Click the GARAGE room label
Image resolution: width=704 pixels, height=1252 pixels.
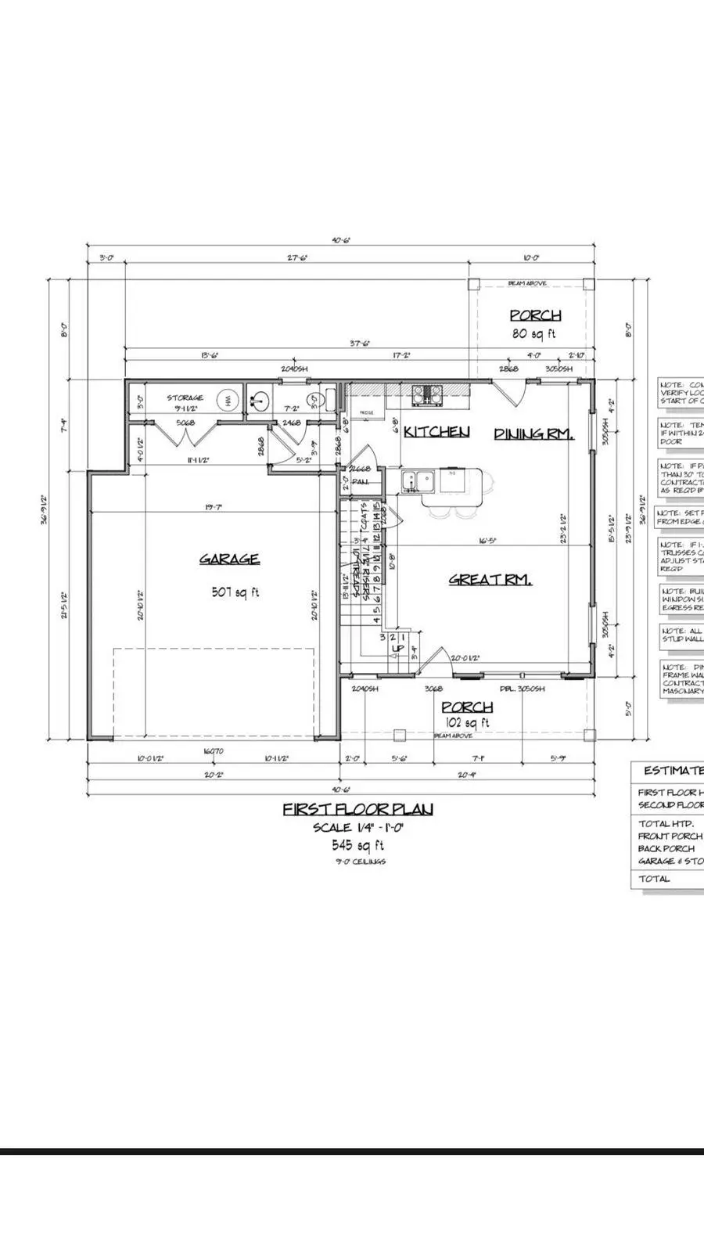click(x=228, y=559)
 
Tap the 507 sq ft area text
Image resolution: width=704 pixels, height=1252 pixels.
click(x=235, y=592)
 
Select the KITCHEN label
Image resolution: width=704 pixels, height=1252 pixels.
click(x=436, y=432)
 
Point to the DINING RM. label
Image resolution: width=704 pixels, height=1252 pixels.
click(x=533, y=434)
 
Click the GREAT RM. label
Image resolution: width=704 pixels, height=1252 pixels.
click(x=490, y=580)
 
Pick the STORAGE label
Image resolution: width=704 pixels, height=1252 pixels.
click(x=185, y=398)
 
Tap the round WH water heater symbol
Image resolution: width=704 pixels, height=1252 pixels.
click(x=228, y=399)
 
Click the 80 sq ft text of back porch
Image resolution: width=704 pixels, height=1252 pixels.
click(x=535, y=334)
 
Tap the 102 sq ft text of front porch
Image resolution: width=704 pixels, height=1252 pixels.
click(x=467, y=723)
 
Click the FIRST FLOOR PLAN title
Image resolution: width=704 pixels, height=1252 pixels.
click(x=357, y=809)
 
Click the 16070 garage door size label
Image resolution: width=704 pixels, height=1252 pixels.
click(x=214, y=750)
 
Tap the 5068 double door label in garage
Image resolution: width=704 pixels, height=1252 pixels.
click(x=185, y=423)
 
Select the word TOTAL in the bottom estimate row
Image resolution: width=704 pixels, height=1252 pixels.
click(x=654, y=879)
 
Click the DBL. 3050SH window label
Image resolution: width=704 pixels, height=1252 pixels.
click(x=523, y=689)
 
